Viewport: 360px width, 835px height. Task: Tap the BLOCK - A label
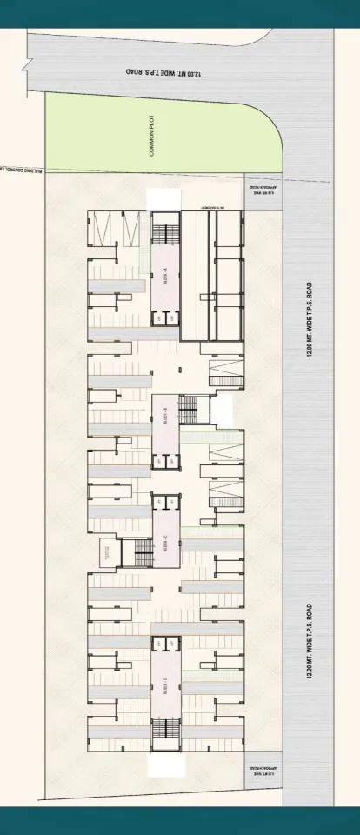click(165, 278)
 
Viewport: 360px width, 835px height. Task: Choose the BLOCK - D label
click(165, 687)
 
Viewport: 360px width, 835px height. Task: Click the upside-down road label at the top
click(162, 72)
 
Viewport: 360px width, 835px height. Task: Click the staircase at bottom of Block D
click(164, 735)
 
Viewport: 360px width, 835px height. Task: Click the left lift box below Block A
click(158, 319)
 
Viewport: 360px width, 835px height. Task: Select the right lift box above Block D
click(171, 644)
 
